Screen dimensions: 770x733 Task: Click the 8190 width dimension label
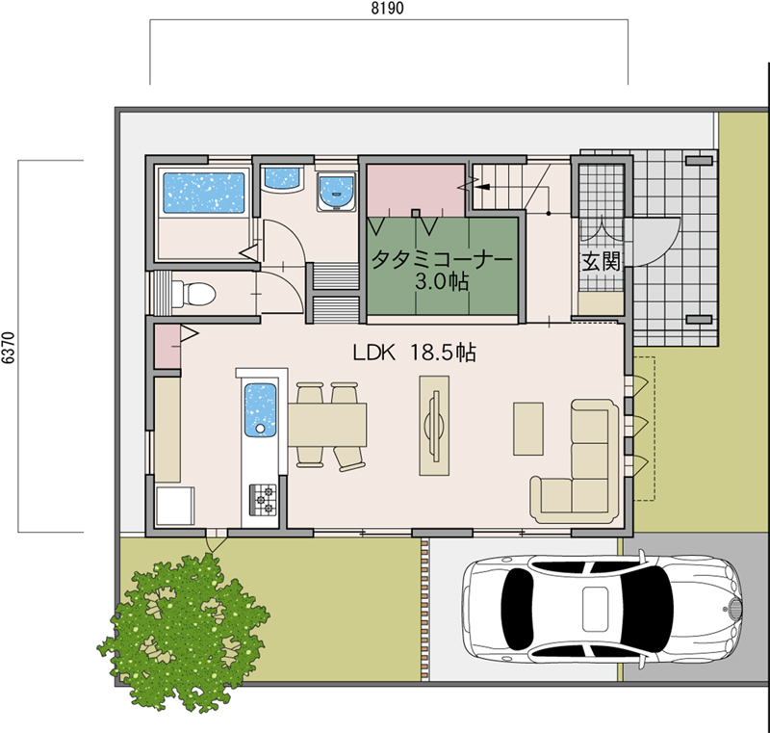point(388,9)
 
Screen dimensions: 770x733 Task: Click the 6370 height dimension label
point(9,348)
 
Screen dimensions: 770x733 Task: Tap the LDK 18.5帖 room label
point(415,353)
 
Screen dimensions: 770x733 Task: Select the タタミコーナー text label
point(442,259)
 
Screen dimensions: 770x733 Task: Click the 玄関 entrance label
point(601,262)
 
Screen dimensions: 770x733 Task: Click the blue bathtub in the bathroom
point(204,193)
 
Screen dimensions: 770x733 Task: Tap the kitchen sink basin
point(260,409)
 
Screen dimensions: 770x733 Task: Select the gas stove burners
point(263,500)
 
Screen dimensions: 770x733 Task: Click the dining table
point(327,425)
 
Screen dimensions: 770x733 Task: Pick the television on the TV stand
point(435,425)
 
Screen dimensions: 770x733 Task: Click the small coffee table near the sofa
point(528,429)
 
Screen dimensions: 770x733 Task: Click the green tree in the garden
point(184,632)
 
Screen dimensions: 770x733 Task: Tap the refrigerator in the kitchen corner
point(175,507)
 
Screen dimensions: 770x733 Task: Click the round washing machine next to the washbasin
point(337,193)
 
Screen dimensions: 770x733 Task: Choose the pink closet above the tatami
point(416,190)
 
